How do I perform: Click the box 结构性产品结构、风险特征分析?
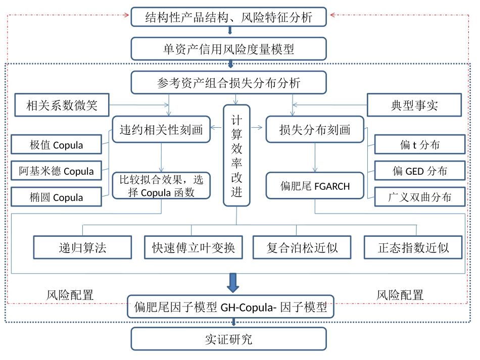(228, 18)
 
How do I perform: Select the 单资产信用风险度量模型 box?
(228, 49)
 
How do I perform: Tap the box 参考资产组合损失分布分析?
(228, 82)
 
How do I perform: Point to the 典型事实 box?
(414, 106)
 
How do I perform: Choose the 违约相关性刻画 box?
(161, 130)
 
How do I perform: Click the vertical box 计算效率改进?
(236, 155)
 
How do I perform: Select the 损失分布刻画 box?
(315, 130)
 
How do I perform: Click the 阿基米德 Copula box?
(56, 171)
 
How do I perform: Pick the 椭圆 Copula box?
(56, 197)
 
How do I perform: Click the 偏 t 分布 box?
(420, 145)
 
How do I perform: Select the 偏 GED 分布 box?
(420, 171)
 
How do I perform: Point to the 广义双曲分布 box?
(420, 197)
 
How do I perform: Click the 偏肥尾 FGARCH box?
(315, 186)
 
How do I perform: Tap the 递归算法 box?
(83, 248)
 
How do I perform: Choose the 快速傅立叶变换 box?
(194, 248)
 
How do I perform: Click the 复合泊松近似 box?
(302, 248)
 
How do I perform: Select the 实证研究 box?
(228, 339)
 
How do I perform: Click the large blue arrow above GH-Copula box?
(232, 283)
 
